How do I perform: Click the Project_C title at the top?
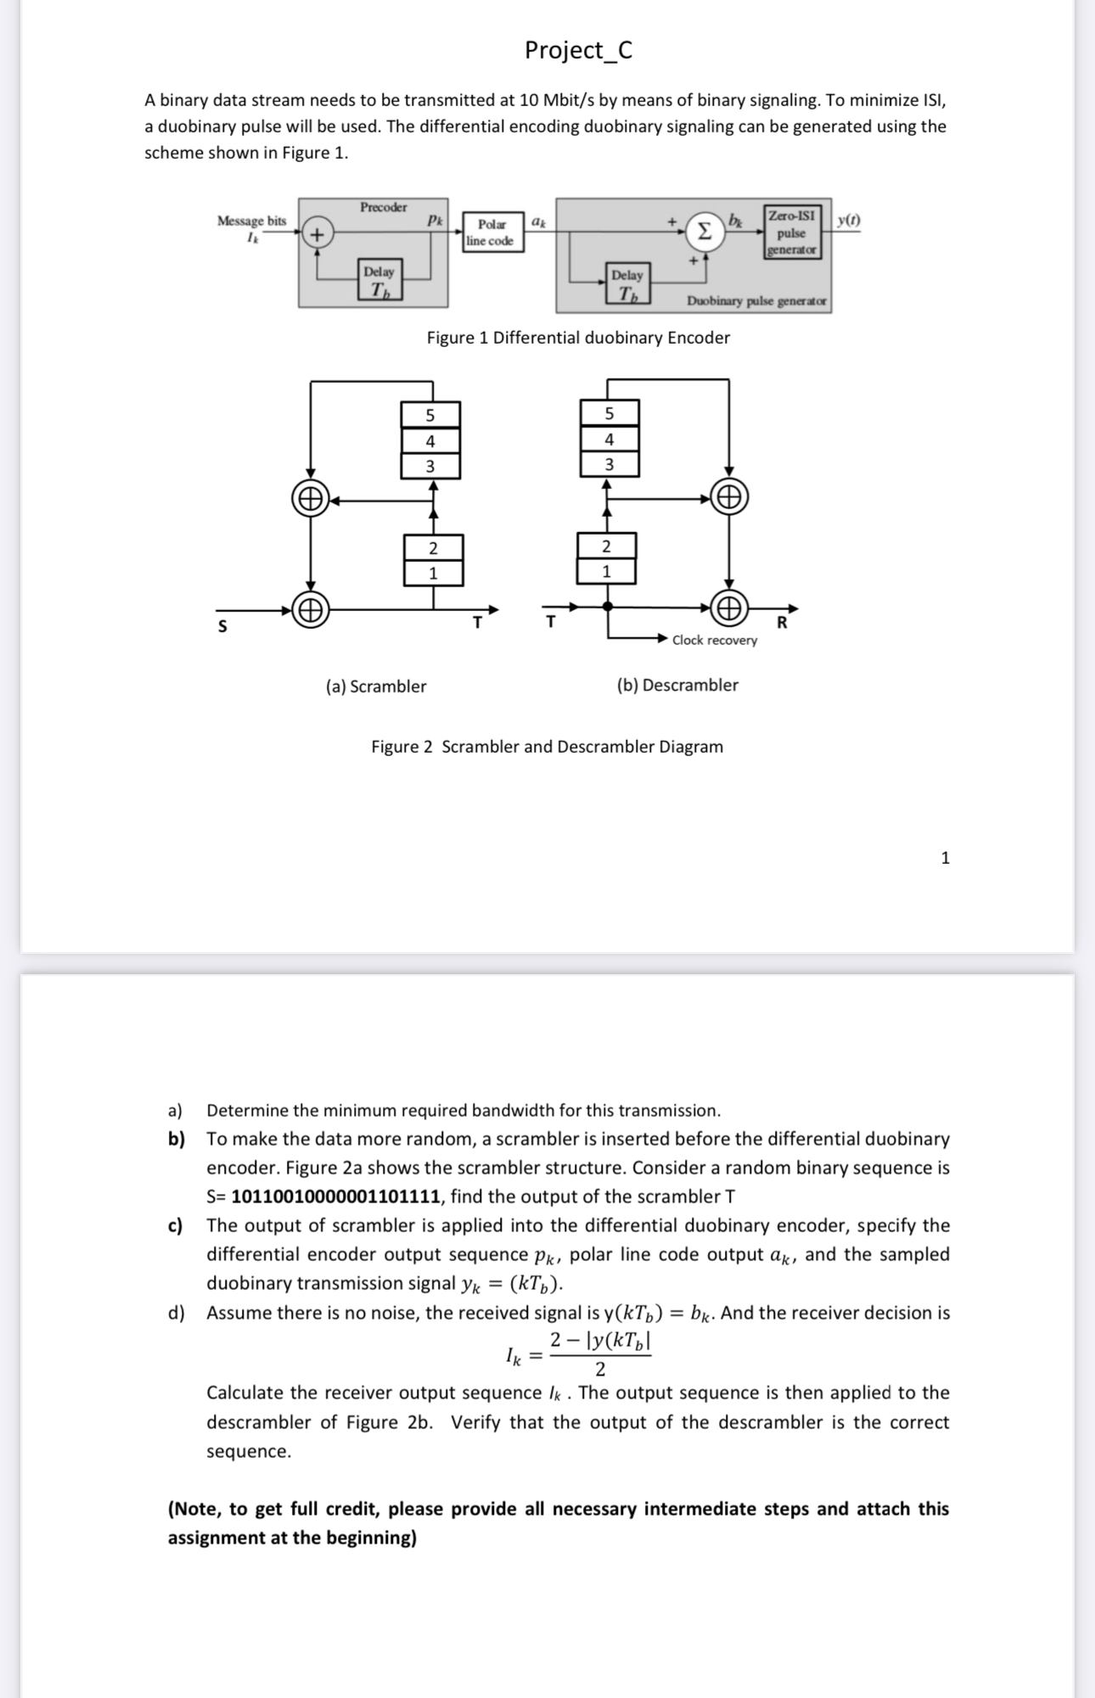pos(578,50)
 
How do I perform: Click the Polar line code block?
pos(491,233)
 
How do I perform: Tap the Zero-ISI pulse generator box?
pos(791,233)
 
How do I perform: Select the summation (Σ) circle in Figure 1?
pos(704,232)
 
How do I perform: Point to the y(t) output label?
pos(847,221)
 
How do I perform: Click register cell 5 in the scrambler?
pos(430,415)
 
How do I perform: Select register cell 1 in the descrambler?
pos(606,572)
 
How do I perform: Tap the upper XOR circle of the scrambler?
pos(311,498)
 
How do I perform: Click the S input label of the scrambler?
pos(222,627)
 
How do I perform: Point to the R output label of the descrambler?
pos(782,623)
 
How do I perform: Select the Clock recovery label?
pos(714,641)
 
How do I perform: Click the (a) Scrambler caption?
pos(376,686)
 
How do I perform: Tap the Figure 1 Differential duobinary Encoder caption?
pos(578,338)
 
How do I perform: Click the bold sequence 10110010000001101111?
pos(336,1197)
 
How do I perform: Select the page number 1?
pos(946,858)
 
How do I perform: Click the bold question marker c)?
pos(176,1225)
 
